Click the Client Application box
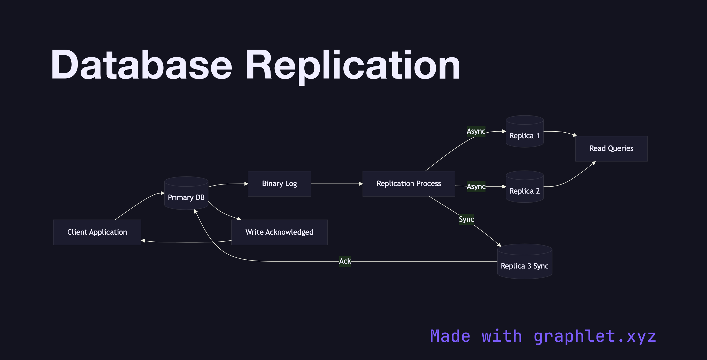coord(97,232)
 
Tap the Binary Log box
coord(279,183)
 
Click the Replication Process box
coord(408,183)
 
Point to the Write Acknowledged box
coord(279,232)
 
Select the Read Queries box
coord(611,148)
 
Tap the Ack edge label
coord(345,261)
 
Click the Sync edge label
coord(466,219)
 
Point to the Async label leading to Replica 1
coord(476,131)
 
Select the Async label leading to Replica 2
coord(476,187)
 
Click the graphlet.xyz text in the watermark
coord(595,336)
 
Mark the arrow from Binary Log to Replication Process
coord(336,184)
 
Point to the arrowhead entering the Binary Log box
coord(246,184)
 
